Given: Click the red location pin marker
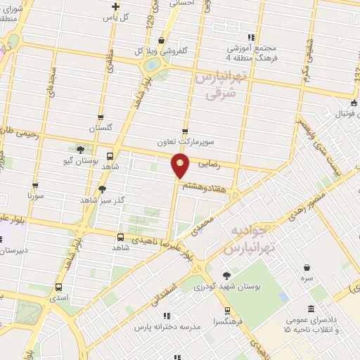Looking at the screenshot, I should point(181,167).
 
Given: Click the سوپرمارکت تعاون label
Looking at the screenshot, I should point(184,141).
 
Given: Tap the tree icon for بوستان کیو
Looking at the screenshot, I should point(80,149).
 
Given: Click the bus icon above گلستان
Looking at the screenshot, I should point(101,117).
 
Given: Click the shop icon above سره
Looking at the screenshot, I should point(307,267).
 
